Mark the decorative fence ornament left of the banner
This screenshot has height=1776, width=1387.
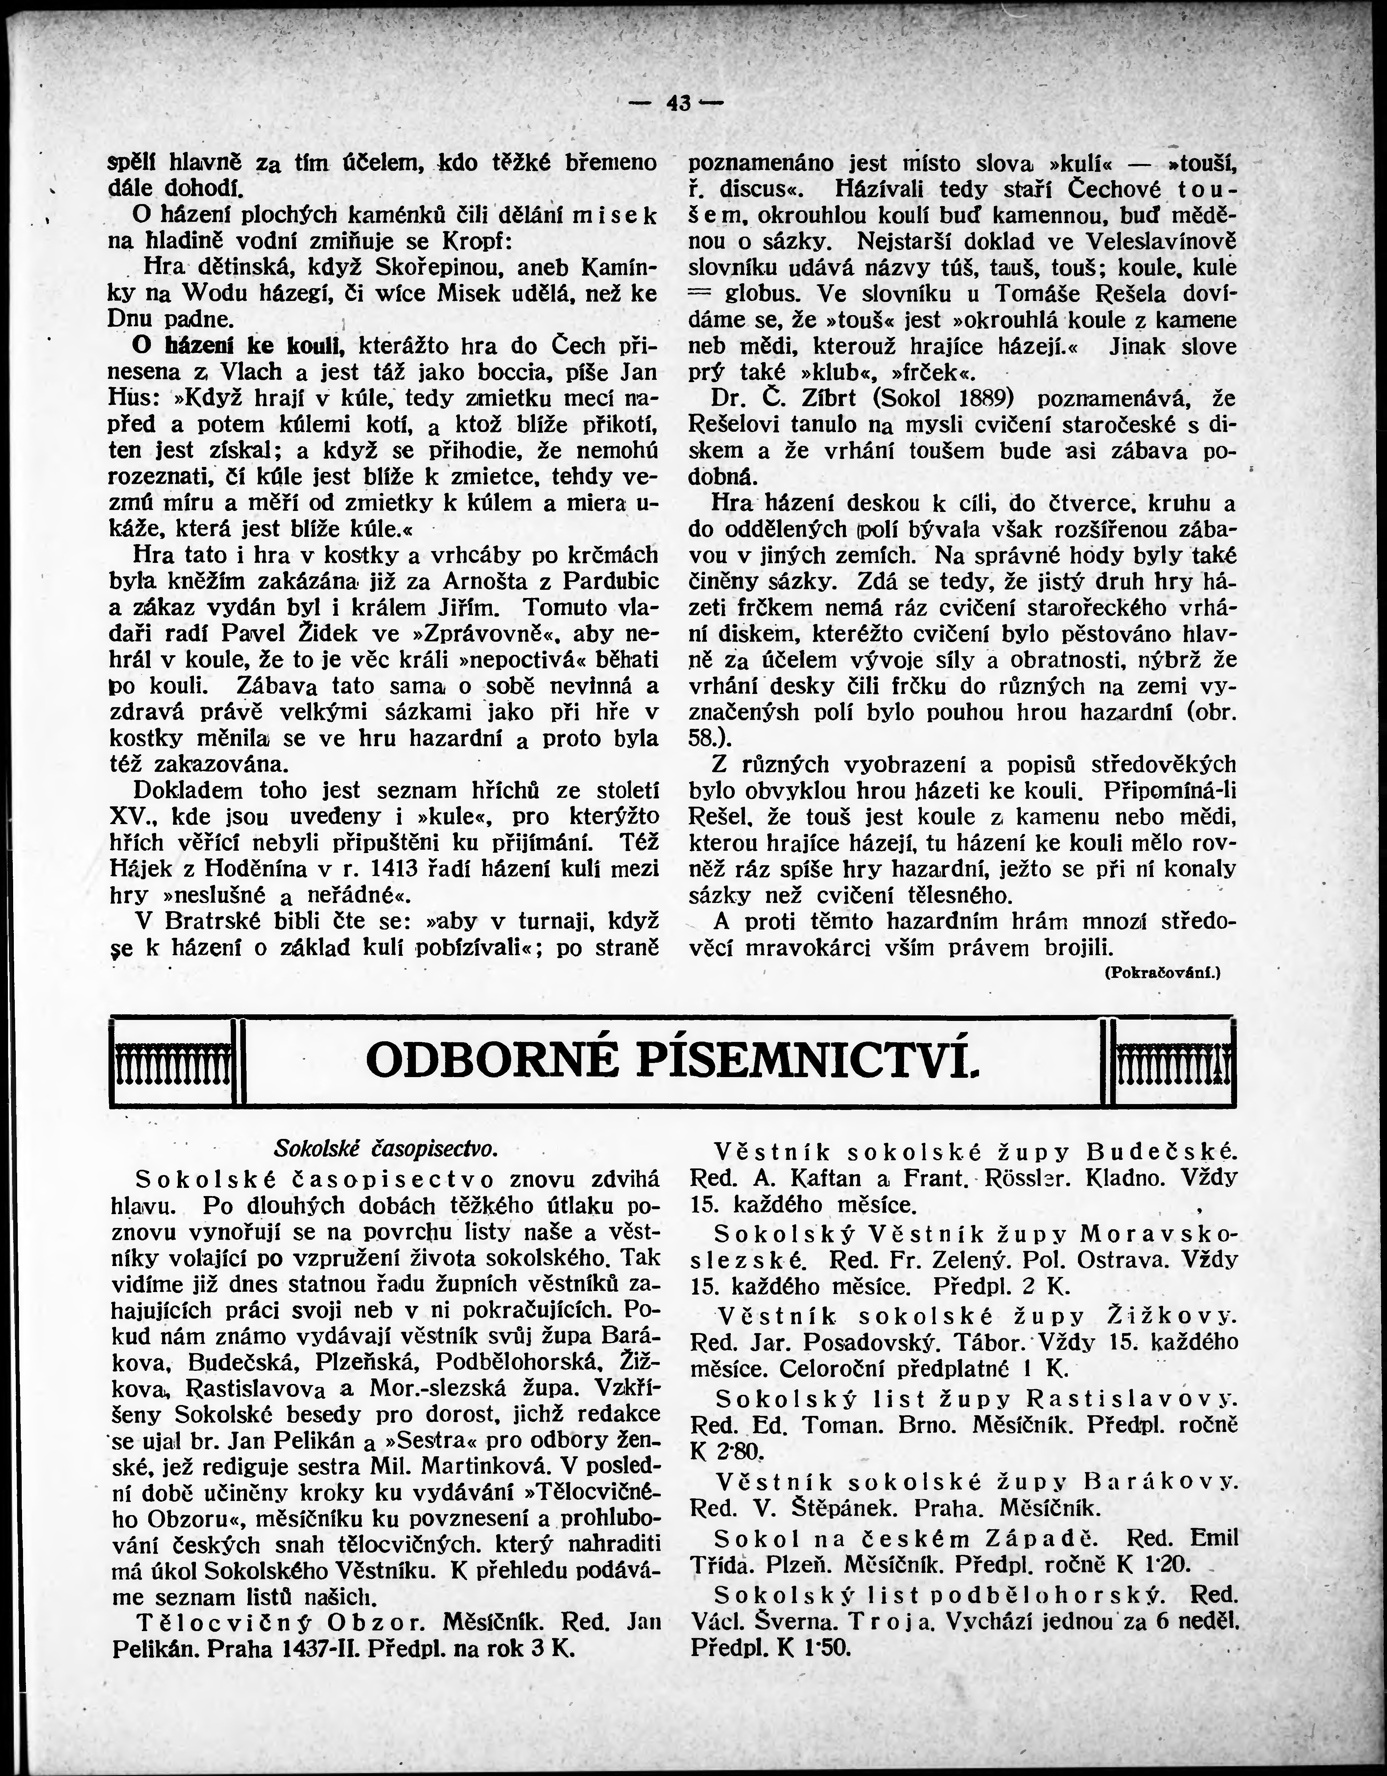pyautogui.click(x=171, y=1062)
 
